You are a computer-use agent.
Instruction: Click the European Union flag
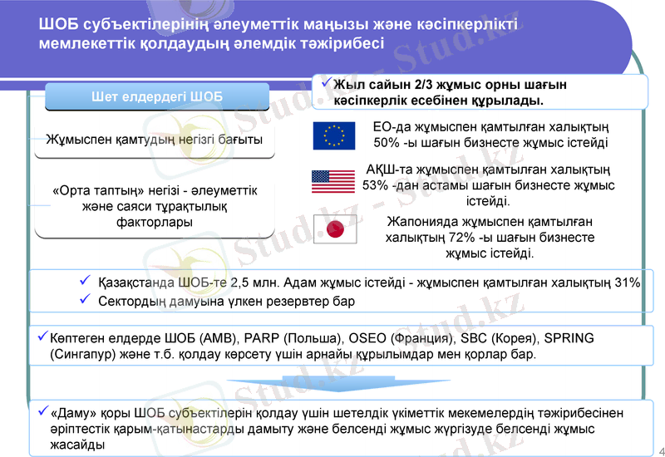click(x=334, y=135)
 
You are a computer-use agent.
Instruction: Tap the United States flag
click(x=333, y=181)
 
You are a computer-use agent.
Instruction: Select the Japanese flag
click(x=334, y=228)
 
